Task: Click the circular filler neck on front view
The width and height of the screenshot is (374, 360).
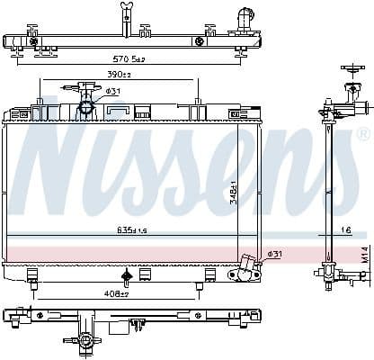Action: [87, 108]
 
